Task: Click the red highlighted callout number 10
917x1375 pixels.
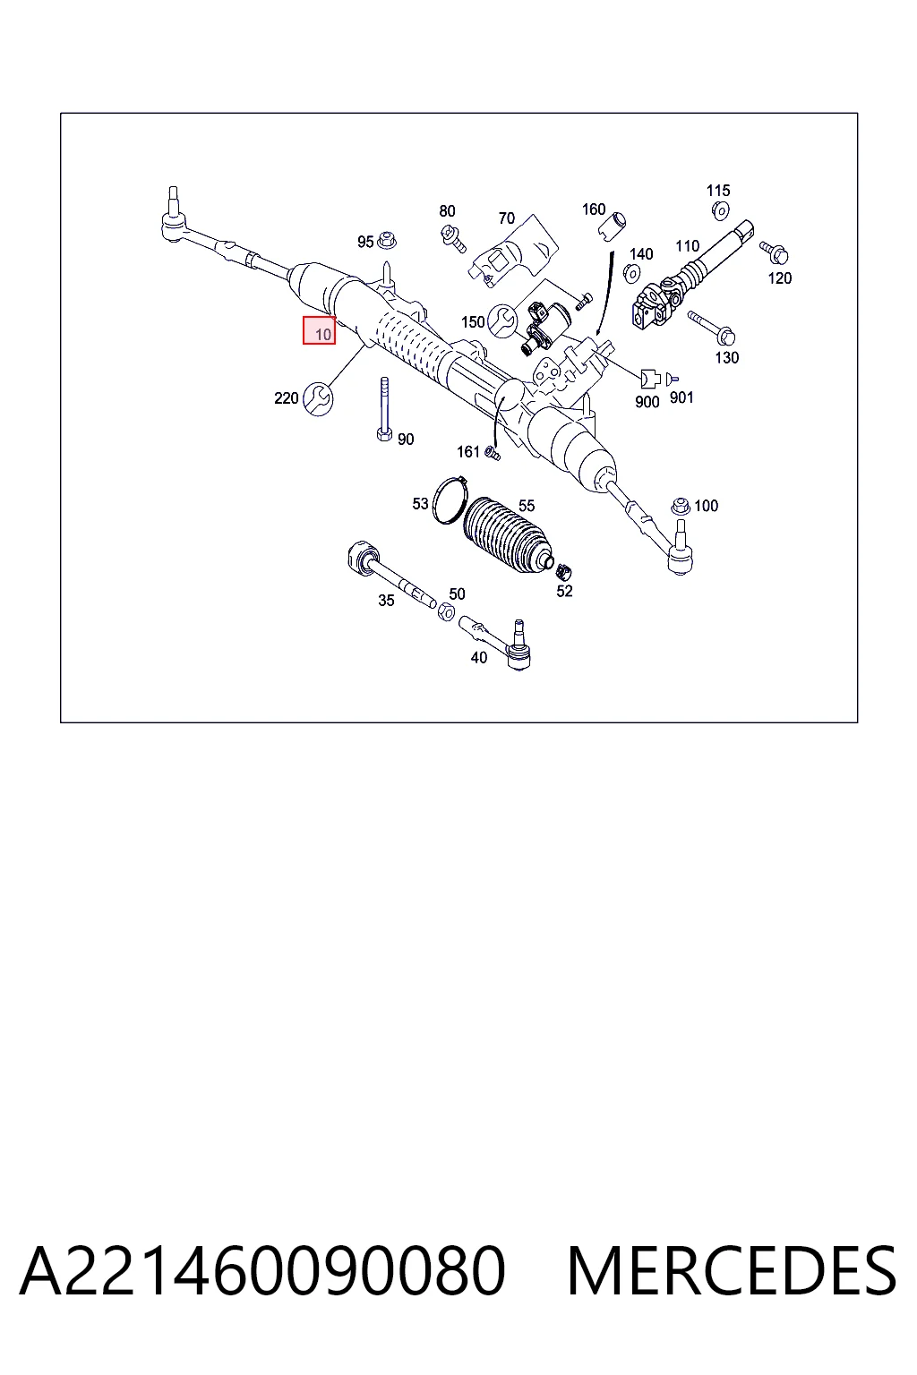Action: point(319,330)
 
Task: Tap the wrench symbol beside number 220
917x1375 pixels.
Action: point(318,398)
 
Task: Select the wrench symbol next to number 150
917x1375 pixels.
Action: point(501,321)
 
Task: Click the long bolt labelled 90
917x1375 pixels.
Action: point(384,408)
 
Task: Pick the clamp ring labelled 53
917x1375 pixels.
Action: point(450,500)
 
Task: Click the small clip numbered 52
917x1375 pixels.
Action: point(563,571)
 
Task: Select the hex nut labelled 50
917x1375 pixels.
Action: point(447,611)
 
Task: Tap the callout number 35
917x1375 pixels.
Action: point(386,601)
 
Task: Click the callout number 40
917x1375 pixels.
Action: point(478,657)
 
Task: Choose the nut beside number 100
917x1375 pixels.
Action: point(680,507)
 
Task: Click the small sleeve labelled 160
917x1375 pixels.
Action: point(611,226)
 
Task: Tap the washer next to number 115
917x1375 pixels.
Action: point(720,210)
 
